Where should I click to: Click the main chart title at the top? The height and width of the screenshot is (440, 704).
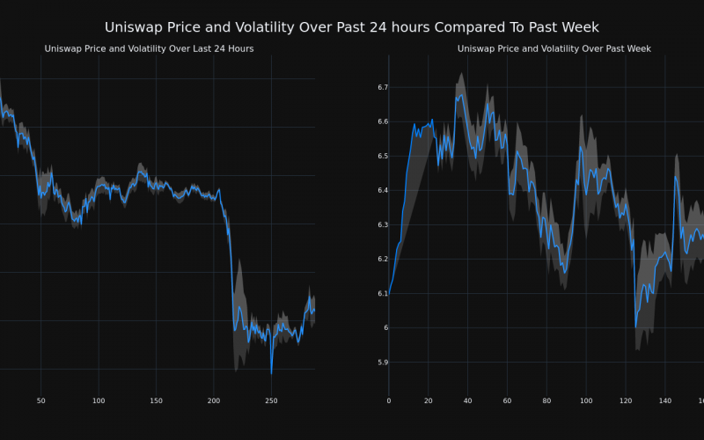pos(352,27)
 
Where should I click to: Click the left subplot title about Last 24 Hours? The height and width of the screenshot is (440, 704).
pos(149,49)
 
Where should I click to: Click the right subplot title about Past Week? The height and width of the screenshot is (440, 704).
pos(554,49)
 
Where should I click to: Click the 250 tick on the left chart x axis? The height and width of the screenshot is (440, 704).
pos(271,401)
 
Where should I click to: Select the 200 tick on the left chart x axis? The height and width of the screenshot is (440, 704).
pos(214,401)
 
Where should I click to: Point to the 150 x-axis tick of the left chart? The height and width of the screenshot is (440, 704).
pos(156,401)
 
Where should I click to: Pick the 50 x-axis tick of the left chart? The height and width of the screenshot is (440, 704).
pos(40,401)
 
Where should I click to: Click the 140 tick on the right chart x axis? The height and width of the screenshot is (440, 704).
pos(665,401)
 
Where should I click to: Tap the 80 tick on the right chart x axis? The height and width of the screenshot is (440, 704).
pos(546,401)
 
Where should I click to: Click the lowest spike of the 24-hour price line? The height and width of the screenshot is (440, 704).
pos(271,374)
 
